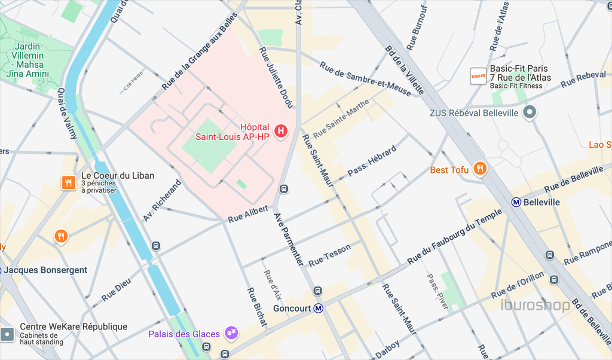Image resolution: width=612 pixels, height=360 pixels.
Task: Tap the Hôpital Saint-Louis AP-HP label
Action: pos(233,132)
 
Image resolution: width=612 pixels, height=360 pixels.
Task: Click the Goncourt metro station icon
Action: pos(319,309)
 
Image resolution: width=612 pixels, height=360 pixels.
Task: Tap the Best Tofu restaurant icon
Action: pos(479,169)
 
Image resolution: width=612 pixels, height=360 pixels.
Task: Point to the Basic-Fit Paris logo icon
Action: pos(477,77)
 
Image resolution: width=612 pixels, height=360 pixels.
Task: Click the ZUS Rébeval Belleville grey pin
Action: pos(529,112)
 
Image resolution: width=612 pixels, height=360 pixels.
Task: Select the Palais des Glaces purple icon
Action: pos(231,332)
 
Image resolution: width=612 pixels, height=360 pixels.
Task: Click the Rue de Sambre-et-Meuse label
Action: pos(365,78)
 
